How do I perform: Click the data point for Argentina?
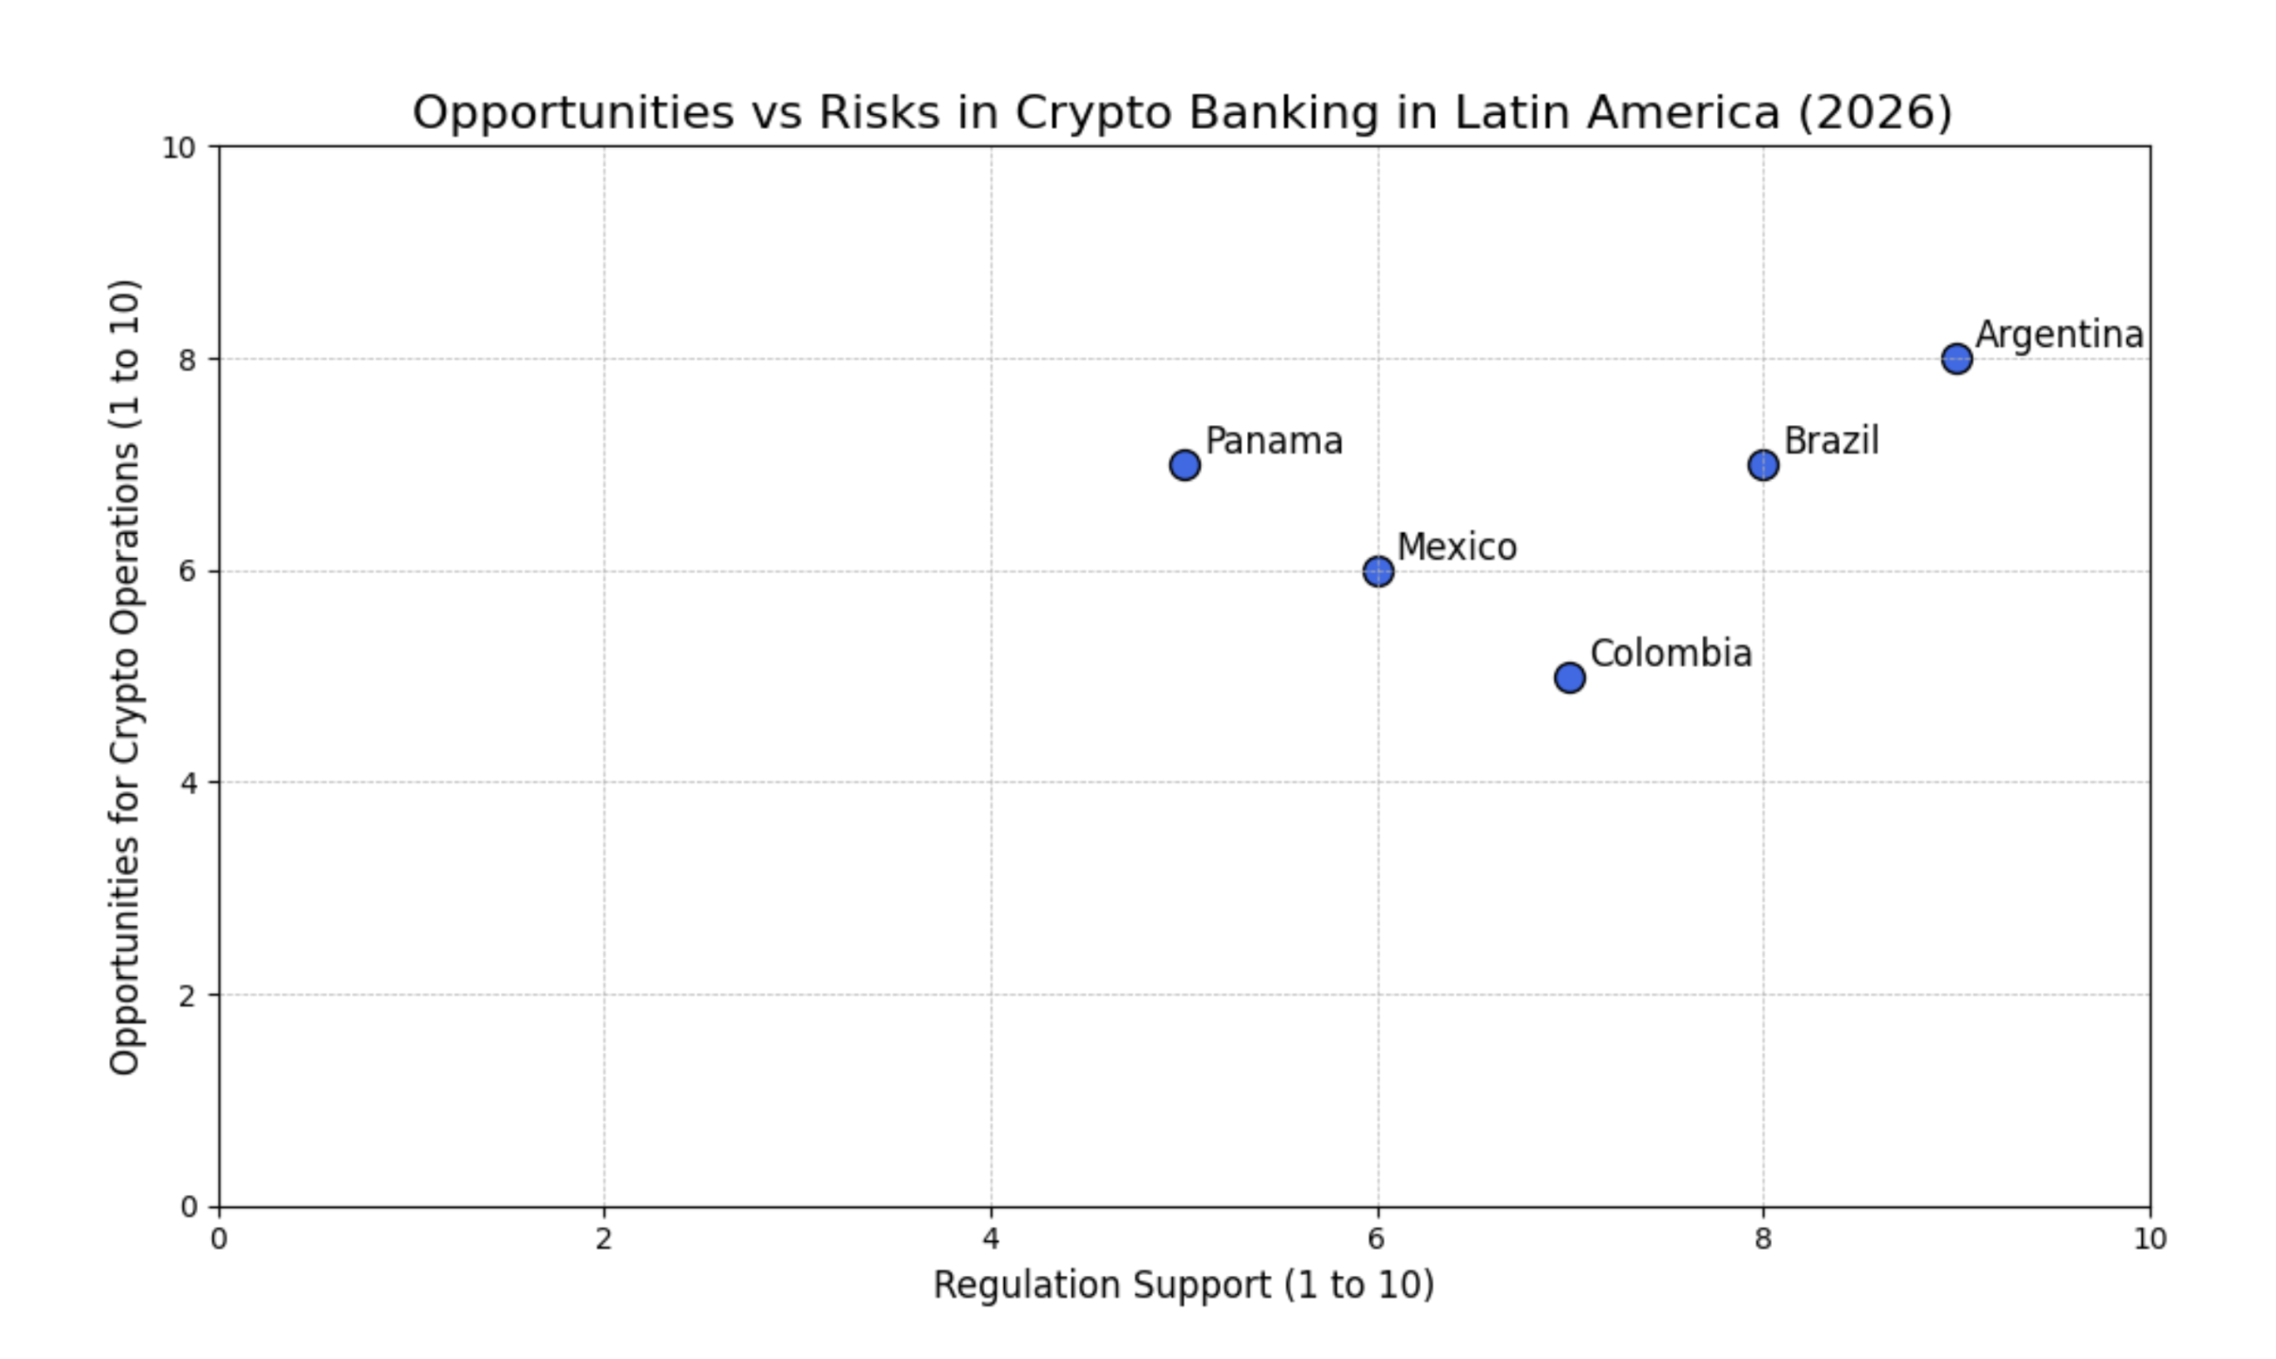pos(1957,358)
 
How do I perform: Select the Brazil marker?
pos(1763,464)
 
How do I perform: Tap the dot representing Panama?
pos(1185,464)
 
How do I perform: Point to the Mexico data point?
pos(1378,571)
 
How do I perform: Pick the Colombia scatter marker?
pos(1570,678)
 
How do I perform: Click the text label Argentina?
pos(2059,335)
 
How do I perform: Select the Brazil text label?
pos(1831,441)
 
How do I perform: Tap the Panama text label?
pos(1274,442)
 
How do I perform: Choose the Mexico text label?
pos(1457,547)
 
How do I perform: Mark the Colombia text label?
pos(1670,654)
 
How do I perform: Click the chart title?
pos(1182,112)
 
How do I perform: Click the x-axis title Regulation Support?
pos(1183,1285)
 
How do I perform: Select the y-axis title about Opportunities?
pos(125,676)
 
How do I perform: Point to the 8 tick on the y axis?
pos(188,359)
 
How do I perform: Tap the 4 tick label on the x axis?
pos(991,1239)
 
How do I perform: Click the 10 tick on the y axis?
pos(180,147)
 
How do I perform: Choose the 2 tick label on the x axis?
pos(604,1239)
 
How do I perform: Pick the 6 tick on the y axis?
pos(188,571)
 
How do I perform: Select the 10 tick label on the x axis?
pos(2150,1239)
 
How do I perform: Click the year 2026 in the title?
pos(1874,112)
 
